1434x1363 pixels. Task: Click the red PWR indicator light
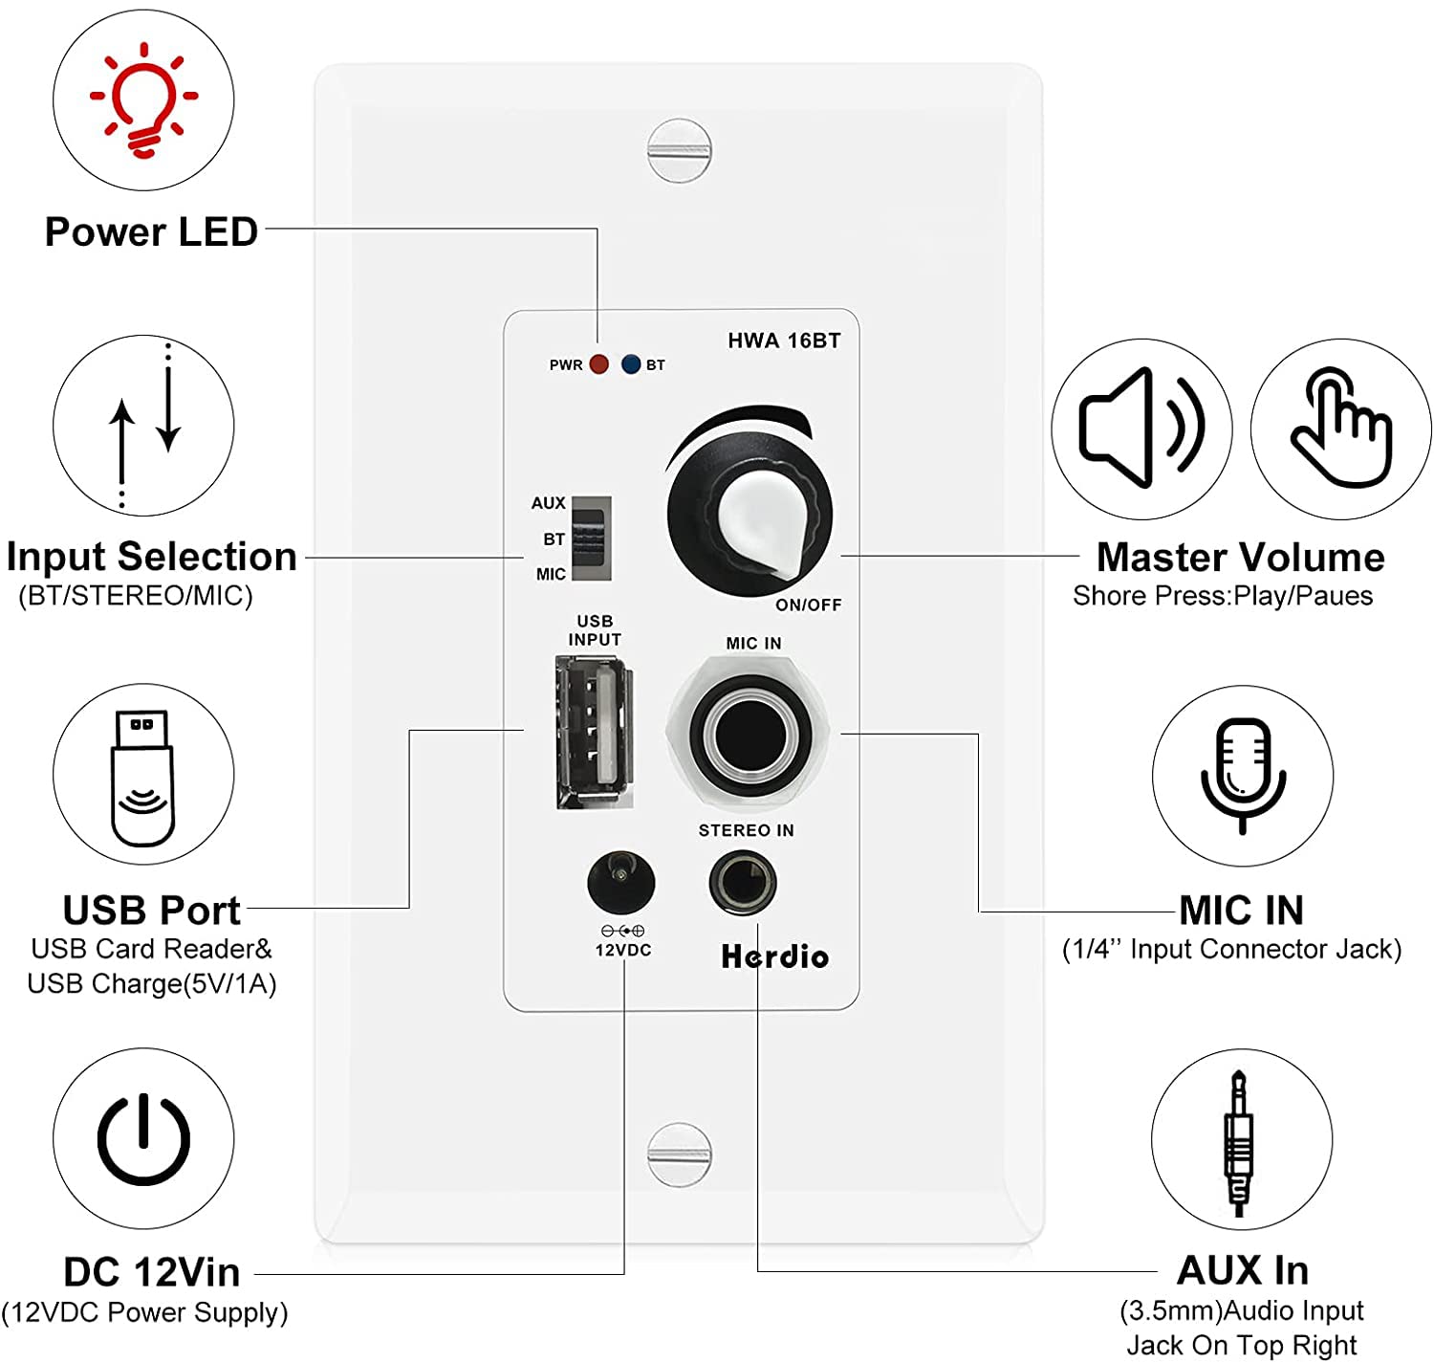click(x=599, y=364)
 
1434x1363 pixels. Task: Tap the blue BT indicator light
click(x=630, y=364)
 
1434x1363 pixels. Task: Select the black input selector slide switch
click(x=590, y=538)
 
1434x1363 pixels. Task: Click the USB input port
click(x=594, y=732)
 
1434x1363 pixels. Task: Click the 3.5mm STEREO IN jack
click(x=743, y=882)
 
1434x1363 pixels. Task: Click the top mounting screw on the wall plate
click(x=679, y=150)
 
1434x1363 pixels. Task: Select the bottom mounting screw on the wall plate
click(x=679, y=1154)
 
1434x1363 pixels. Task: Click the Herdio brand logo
click(x=774, y=956)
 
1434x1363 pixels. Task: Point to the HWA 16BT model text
click(x=784, y=341)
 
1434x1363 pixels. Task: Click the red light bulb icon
click(x=143, y=99)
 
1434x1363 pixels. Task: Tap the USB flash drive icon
click(x=142, y=778)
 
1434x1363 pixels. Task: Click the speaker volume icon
click(x=1141, y=429)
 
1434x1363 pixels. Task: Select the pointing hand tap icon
click(x=1340, y=429)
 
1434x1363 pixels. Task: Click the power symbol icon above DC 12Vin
click(x=143, y=1138)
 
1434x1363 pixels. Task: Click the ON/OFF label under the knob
click(x=808, y=605)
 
